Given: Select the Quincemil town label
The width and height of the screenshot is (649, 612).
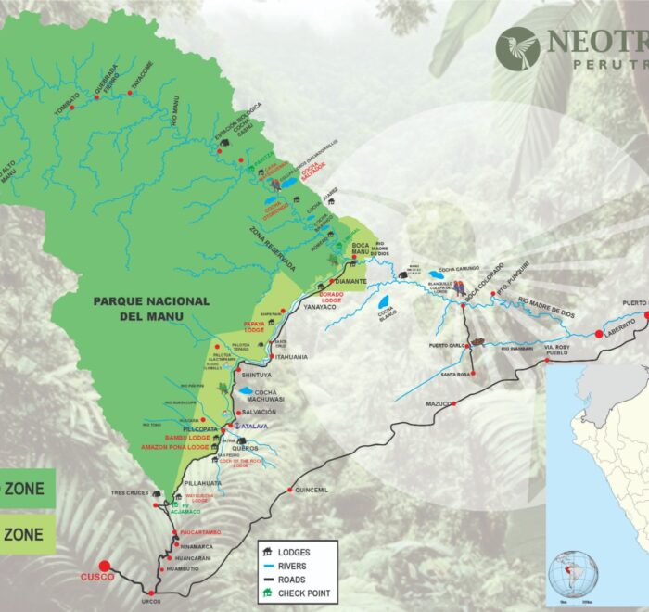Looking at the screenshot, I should pos(312,491).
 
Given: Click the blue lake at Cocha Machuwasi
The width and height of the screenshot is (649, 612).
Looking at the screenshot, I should pos(246,391).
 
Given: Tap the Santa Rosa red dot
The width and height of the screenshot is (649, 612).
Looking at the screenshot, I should pos(474,374).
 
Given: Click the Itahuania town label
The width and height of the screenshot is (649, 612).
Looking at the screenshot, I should pos(290,357).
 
